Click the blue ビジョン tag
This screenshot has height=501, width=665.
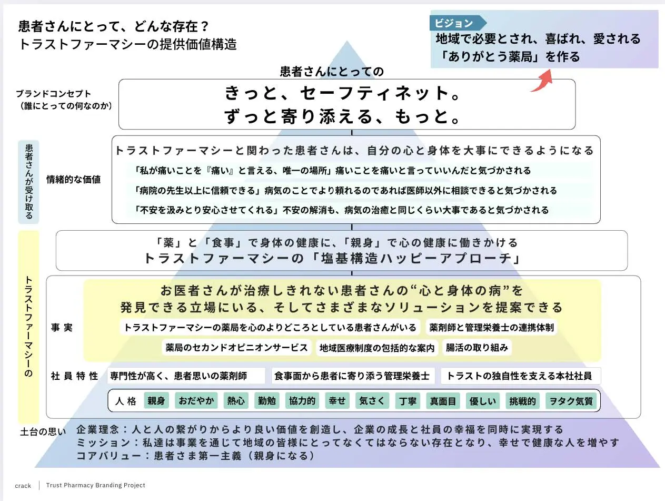click(x=458, y=23)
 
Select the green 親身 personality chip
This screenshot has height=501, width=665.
click(x=156, y=401)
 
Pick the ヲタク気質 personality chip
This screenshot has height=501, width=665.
click(x=571, y=401)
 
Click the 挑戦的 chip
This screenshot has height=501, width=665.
click(x=522, y=401)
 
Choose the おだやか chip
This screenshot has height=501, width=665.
click(x=196, y=401)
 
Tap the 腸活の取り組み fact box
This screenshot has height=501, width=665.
click(x=477, y=347)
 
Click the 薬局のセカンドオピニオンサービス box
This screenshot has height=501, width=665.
click(x=236, y=347)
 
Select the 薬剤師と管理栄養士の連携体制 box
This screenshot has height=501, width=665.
click(x=491, y=327)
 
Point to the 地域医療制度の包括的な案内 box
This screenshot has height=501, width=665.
click(x=377, y=348)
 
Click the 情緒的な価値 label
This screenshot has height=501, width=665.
click(x=73, y=180)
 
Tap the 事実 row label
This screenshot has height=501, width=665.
click(x=62, y=327)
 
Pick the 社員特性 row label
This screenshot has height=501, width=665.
click(x=75, y=376)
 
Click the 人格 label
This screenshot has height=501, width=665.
click(x=126, y=401)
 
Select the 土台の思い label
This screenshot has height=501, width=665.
click(x=43, y=431)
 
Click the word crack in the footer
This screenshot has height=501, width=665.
click(x=23, y=486)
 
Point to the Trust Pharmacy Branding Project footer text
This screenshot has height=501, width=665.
click(x=95, y=485)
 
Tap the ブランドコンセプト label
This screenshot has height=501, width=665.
click(x=54, y=94)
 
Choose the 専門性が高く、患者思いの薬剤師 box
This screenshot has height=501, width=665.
click(x=186, y=376)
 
